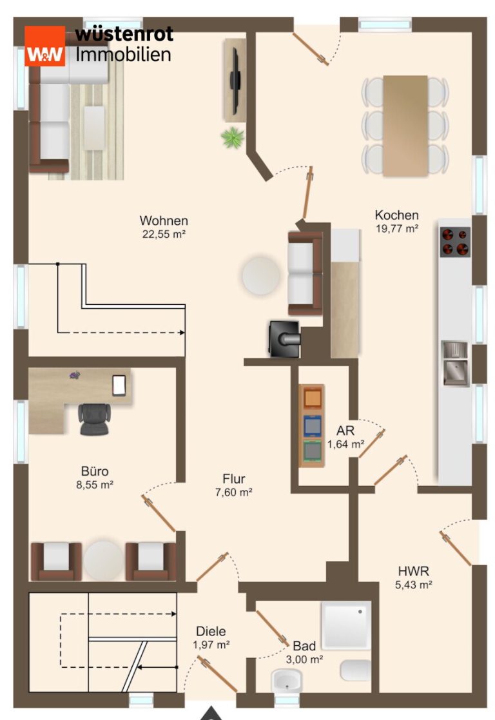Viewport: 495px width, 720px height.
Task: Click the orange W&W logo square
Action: click(44, 46)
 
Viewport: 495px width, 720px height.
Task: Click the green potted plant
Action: click(233, 137)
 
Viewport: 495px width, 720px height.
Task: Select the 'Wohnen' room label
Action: click(164, 220)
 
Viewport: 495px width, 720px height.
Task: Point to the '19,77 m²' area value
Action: click(397, 228)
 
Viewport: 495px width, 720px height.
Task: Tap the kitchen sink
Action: click(454, 363)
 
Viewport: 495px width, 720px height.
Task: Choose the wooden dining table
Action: click(405, 126)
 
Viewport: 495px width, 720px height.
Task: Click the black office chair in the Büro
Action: click(95, 419)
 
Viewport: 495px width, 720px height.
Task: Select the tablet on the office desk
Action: click(119, 385)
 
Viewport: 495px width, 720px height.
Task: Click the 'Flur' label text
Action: click(234, 479)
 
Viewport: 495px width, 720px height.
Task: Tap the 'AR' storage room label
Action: click(345, 431)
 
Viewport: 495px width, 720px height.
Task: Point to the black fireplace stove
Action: click(284, 339)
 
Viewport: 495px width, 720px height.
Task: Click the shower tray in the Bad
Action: click(345, 625)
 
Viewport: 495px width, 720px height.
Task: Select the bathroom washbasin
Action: click(287, 680)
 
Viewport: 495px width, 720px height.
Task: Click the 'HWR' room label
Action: click(414, 571)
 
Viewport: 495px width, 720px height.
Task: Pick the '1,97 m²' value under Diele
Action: click(211, 645)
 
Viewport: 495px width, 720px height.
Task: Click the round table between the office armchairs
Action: click(104, 561)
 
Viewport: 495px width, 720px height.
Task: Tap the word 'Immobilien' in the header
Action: click(124, 54)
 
